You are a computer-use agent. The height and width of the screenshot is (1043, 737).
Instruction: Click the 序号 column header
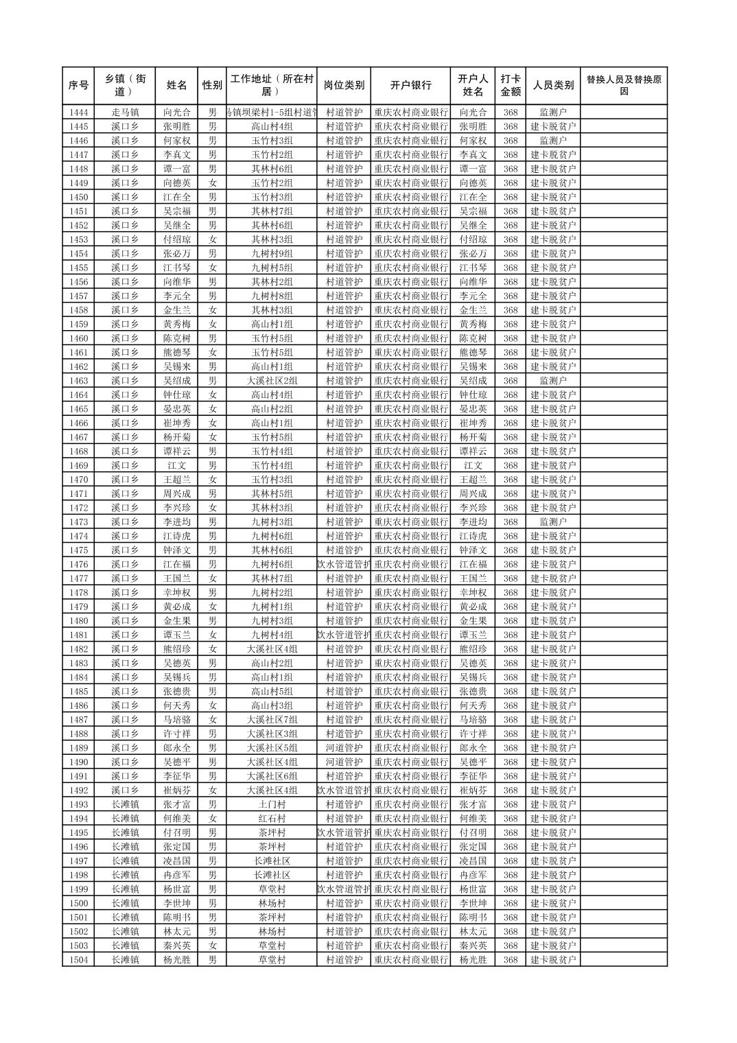tap(78, 86)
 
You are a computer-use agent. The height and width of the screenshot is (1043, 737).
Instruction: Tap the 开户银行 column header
tap(410, 86)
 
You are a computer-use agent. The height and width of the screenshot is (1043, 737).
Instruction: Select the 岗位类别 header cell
tap(344, 86)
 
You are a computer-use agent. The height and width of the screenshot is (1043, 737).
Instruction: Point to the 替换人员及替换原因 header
tap(623, 86)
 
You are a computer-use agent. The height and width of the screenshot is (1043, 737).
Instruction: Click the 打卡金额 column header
tap(510, 86)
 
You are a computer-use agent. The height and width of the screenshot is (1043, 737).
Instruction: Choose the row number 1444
tap(78, 113)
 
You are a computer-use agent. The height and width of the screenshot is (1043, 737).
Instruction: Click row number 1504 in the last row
tap(78, 960)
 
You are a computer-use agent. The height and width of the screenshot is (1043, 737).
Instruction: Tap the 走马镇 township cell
tap(125, 113)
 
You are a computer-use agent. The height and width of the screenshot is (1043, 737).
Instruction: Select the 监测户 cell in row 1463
tap(553, 381)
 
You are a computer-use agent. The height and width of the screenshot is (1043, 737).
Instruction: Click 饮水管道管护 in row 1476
tap(344, 565)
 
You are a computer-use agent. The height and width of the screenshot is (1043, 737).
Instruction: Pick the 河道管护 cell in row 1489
tap(344, 748)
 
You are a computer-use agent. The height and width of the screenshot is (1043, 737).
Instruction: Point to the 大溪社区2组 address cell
tap(272, 381)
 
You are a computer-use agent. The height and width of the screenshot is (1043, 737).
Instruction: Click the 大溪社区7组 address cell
tap(272, 720)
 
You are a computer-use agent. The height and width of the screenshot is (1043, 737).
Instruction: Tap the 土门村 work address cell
tap(272, 804)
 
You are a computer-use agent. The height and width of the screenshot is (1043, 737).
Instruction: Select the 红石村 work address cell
tap(272, 819)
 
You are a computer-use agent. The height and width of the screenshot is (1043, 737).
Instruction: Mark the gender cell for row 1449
tap(213, 183)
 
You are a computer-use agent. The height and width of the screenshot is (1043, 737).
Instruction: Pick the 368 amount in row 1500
tap(510, 904)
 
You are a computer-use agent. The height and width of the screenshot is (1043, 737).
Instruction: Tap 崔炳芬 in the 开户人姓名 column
tap(473, 790)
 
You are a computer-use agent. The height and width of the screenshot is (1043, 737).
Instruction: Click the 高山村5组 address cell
tap(272, 692)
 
